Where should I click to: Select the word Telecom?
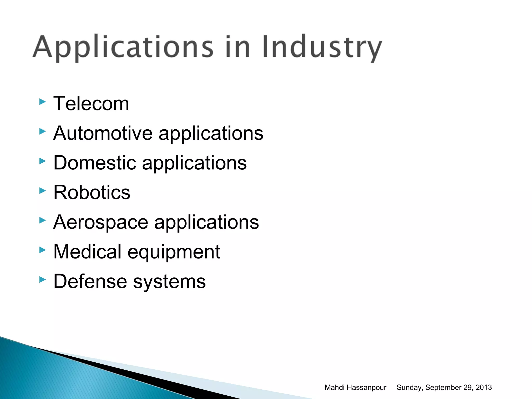pos(91,104)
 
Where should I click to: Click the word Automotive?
pos(103,133)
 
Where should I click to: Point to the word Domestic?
pos(95,163)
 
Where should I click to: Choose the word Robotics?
pos(92,192)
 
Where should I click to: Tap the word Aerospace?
pos(101,222)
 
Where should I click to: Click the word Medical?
pos(87,252)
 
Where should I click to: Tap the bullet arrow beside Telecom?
pos(42,102)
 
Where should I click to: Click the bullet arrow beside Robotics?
pos(42,191)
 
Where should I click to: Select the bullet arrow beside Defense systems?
pos(42,280)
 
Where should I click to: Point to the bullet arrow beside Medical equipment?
pos(42,250)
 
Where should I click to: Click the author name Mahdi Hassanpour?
pos(355,388)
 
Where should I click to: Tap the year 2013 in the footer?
pos(484,388)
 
